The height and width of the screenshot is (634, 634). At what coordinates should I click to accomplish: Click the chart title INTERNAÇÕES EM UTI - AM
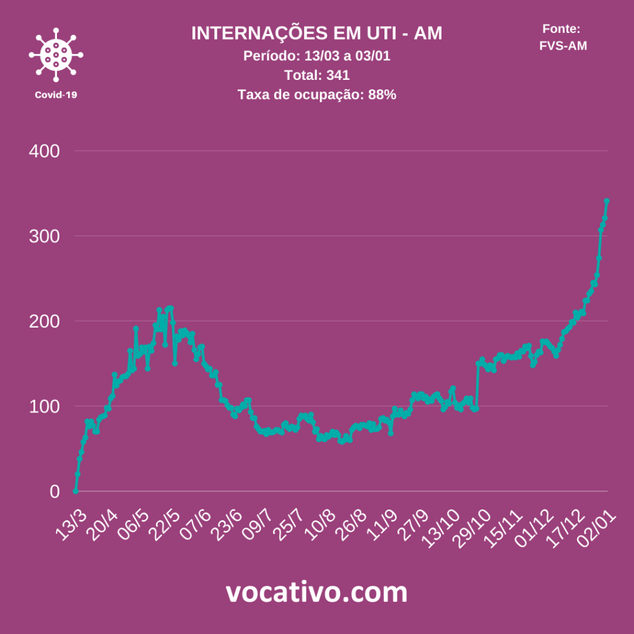point(316,33)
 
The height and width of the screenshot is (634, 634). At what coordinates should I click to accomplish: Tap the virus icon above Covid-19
point(56,55)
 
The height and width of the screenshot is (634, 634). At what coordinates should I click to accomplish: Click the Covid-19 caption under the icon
point(56,95)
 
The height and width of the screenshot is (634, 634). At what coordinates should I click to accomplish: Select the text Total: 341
point(316,76)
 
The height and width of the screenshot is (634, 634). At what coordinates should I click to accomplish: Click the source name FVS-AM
point(563,45)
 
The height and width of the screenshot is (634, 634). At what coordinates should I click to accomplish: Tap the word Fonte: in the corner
point(561,28)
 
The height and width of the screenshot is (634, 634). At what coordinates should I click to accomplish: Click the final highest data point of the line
point(607,201)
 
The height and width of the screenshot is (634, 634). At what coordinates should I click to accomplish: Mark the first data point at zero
point(76,491)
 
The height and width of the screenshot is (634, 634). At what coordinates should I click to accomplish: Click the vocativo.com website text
point(316,593)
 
